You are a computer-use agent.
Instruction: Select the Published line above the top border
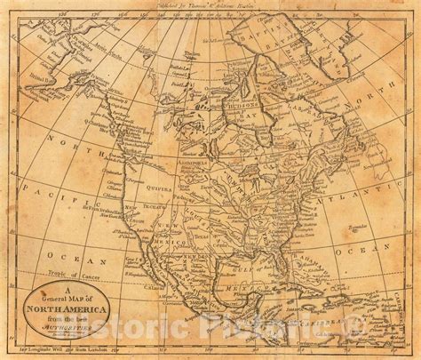[209, 7]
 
